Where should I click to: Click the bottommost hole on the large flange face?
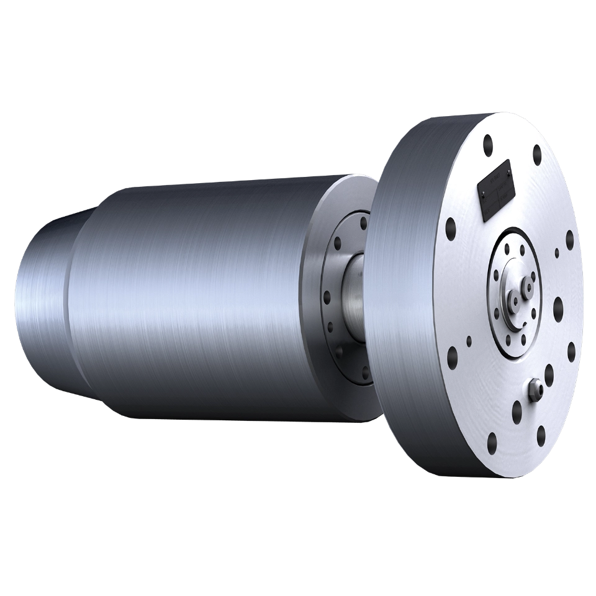(492, 442)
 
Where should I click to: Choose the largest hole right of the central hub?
(558, 305)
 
